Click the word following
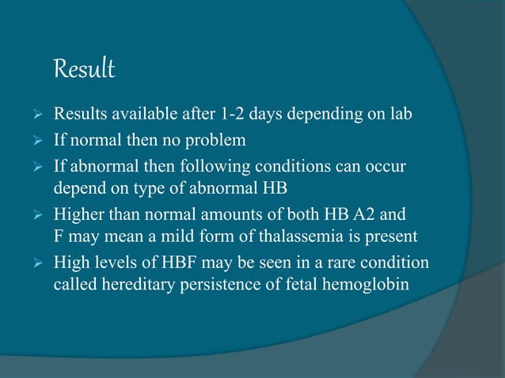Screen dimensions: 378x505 click(237, 168)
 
